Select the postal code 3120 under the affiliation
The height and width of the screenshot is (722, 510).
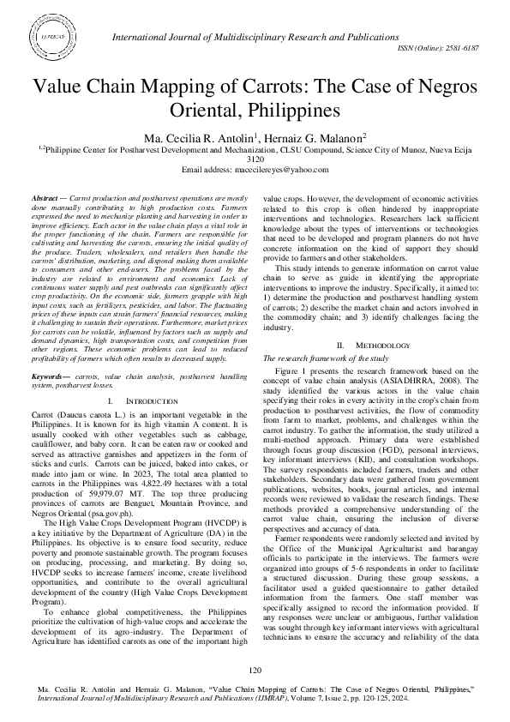255,159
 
